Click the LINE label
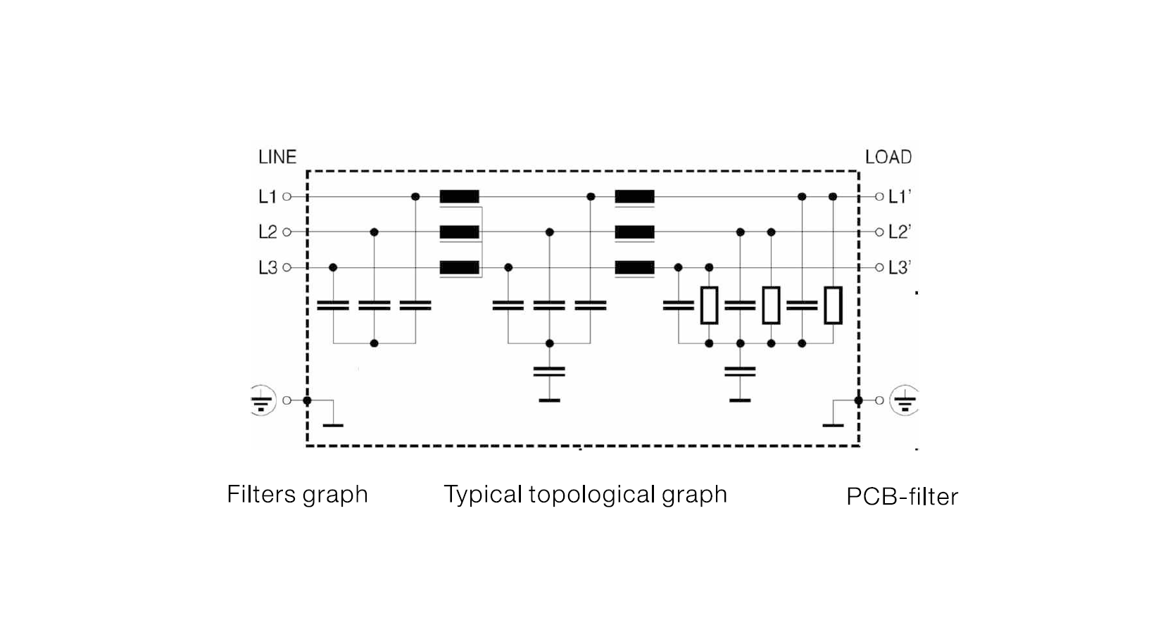(277, 157)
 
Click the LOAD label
(888, 157)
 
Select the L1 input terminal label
(268, 197)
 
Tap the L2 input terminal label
(268, 232)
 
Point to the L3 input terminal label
(268, 268)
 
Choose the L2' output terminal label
(899, 232)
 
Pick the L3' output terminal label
(899, 268)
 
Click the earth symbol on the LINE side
(262, 400)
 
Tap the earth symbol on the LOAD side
(905, 400)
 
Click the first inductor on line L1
(459, 197)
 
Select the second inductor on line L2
(634, 232)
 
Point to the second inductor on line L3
(634, 268)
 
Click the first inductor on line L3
(459, 268)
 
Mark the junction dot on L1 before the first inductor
(415, 197)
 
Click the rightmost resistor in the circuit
(833, 305)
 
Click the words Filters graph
(297, 495)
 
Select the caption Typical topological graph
(585, 495)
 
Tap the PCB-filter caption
(902, 497)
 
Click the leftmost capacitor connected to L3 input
(333, 305)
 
